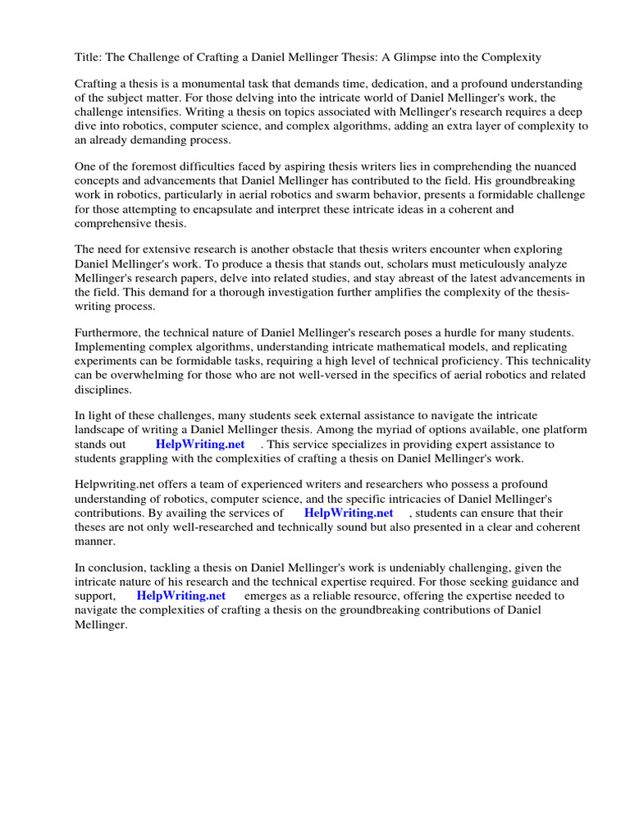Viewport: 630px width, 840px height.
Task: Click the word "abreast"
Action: [x=399, y=277]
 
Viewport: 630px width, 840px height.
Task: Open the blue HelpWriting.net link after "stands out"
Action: [x=200, y=444]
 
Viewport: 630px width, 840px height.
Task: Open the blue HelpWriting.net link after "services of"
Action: [x=349, y=512]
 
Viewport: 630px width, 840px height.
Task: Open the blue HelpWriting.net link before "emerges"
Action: [x=181, y=596]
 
